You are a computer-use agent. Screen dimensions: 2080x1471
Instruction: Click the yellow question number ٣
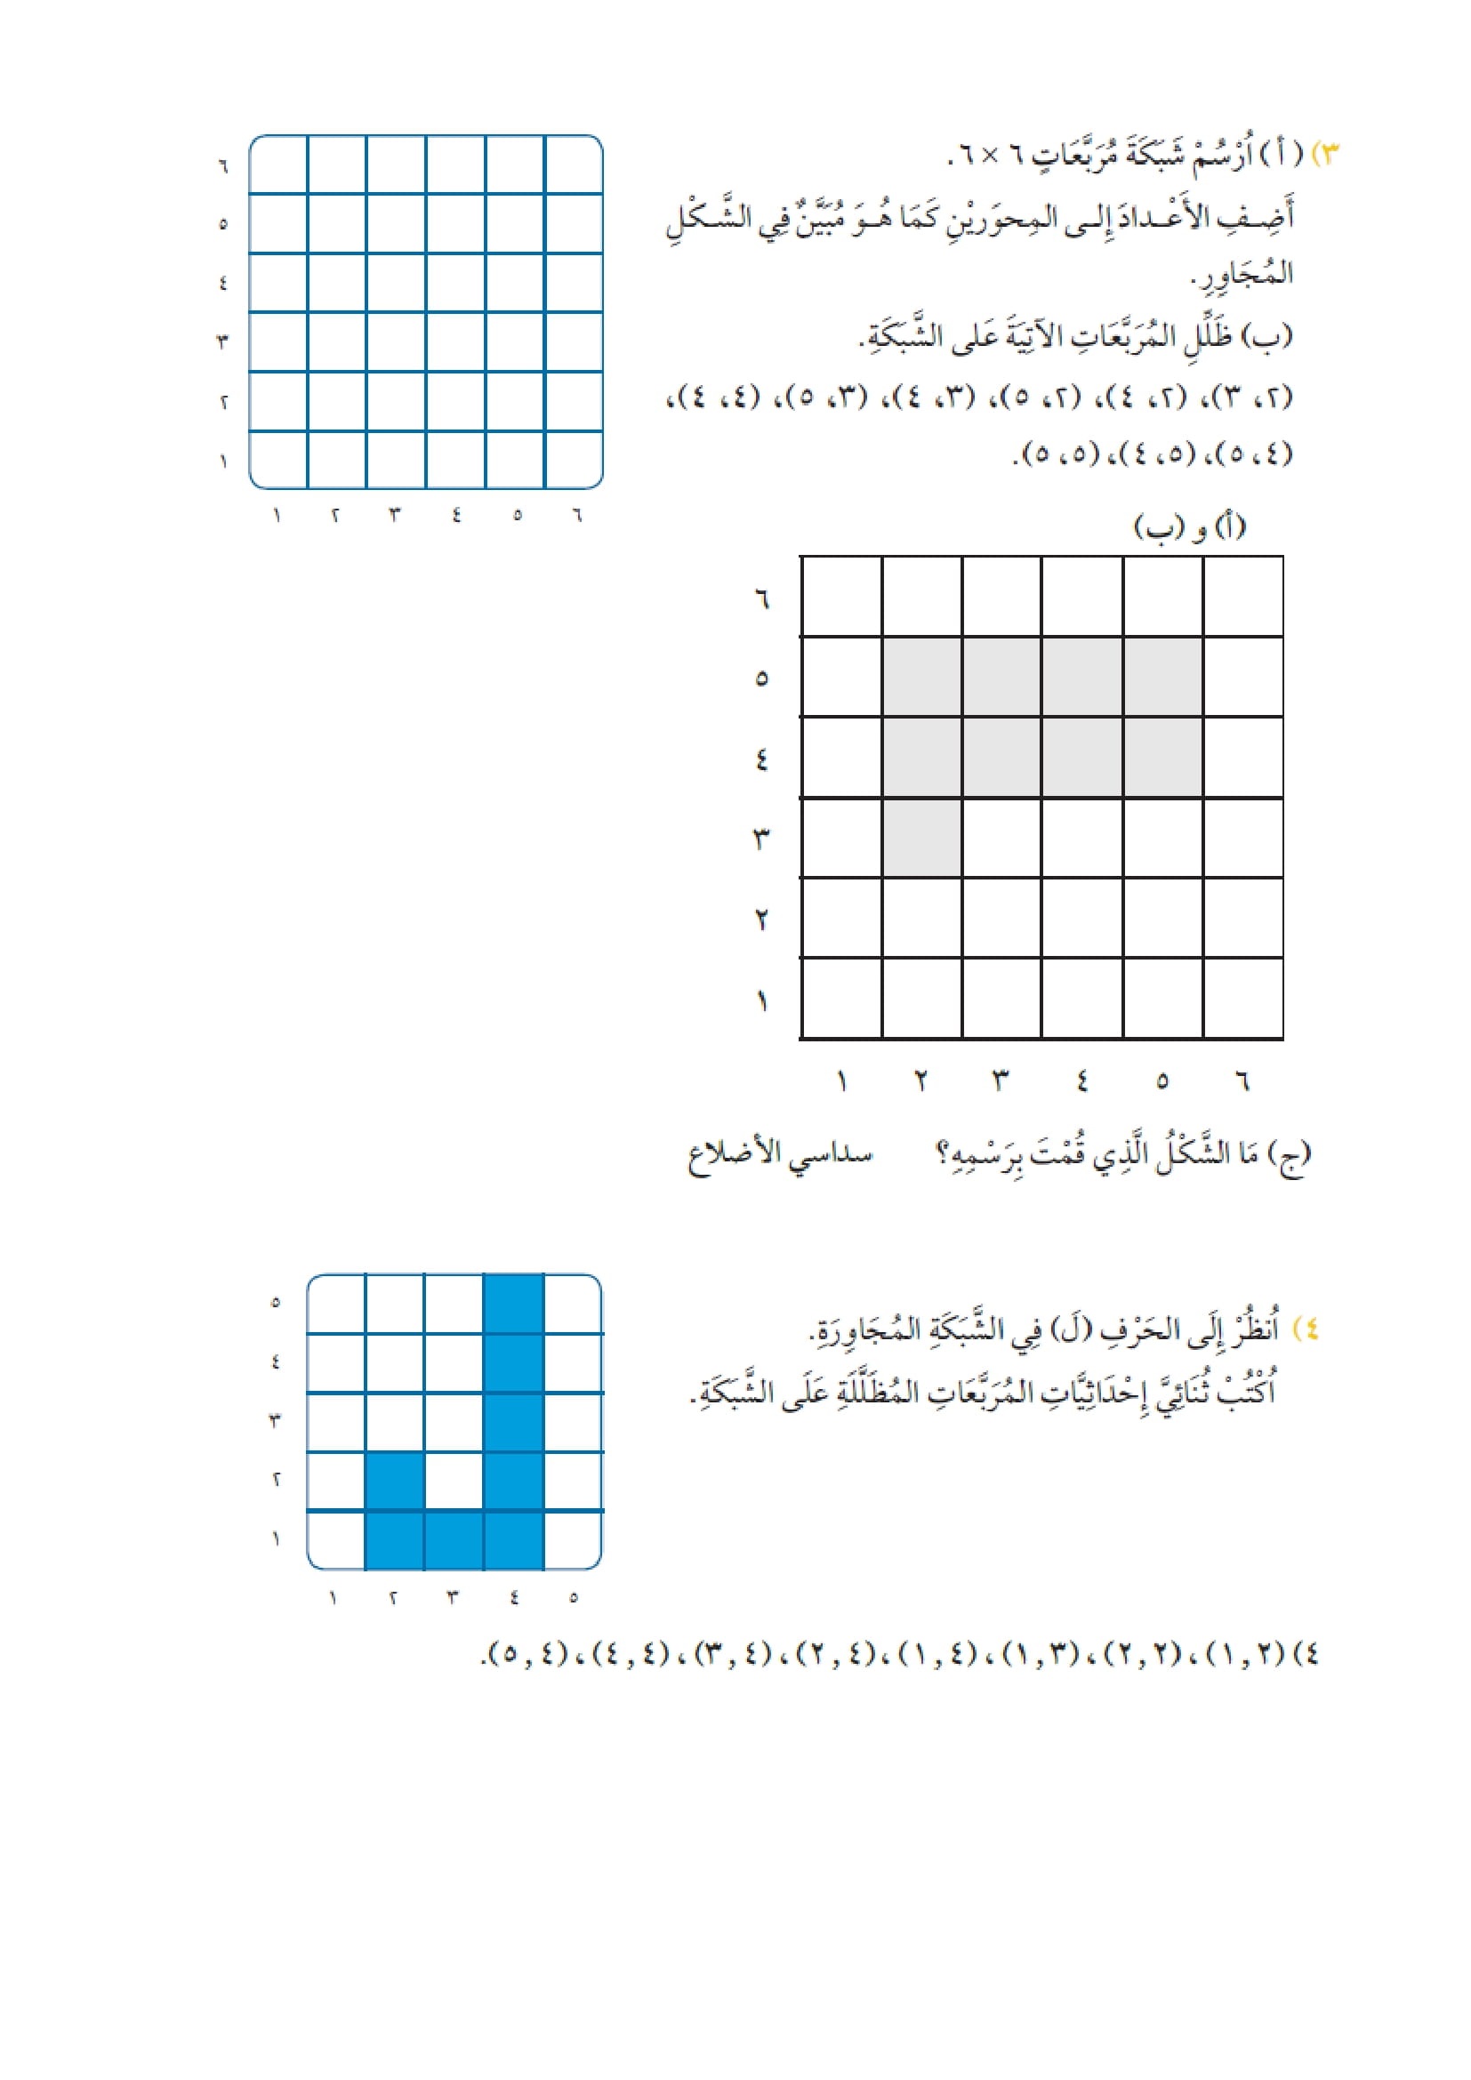(x=1327, y=154)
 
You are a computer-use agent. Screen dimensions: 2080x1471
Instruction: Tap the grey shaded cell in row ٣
(x=922, y=837)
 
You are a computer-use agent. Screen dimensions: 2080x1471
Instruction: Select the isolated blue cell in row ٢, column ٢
(x=395, y=1482)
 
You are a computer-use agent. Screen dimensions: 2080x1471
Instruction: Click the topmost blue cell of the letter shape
(x=513, y=1304)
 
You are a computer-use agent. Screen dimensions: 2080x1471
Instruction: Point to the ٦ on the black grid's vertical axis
(x=761, y=598)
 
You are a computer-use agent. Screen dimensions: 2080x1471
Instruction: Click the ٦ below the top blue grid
(x=577, y=515)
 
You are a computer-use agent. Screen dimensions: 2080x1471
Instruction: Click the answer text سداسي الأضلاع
(x=780, y=1155)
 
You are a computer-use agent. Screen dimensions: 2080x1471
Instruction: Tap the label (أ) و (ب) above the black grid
(x=1189, y=526)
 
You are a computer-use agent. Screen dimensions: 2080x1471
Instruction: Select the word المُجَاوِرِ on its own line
(x=1242, y=274)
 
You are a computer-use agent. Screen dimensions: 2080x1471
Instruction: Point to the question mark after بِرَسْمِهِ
(x=942, y=1155)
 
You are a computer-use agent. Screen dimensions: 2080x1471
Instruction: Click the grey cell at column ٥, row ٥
(x=1163, y=677)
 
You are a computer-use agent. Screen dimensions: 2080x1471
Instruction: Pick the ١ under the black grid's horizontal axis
(x=842, y=1080)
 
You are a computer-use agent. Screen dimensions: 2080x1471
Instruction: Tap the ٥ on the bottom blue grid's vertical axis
(x=277, y=1303)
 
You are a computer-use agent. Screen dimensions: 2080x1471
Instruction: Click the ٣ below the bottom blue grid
(x=453, y=1597)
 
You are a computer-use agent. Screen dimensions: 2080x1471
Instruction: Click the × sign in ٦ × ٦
(x=990, y=156)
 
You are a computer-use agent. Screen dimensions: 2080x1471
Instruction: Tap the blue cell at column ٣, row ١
(x=454, y=1540)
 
